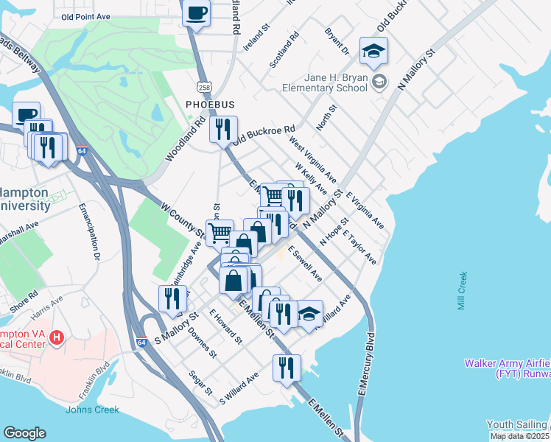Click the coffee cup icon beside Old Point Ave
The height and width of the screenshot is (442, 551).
tap(196, 14)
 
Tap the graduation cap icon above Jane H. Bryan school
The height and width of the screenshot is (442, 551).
tap(373, 51)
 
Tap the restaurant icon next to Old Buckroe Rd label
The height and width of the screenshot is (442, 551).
tap(223, 129)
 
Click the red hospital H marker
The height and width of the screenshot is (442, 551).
tap(57, 338)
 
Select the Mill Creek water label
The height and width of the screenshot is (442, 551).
tap(462, 291)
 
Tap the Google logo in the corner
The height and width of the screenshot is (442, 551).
tap(24, 433)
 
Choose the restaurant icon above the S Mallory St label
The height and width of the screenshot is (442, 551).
tap(172, 298)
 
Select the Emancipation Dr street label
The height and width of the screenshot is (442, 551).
tap(93, 232)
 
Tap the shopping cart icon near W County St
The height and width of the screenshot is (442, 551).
tap(220, 233)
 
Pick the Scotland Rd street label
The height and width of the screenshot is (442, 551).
tap(284, 50)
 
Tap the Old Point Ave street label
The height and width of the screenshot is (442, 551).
tap(85, 15)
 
